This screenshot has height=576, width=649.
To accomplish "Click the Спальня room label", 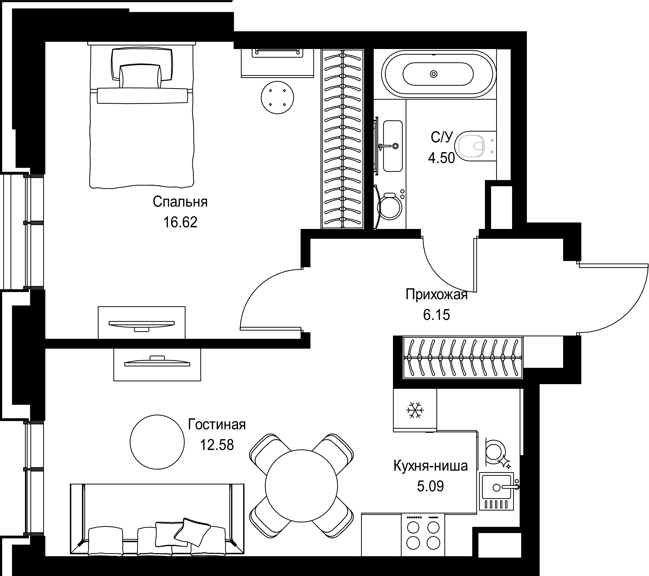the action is click(180, 202).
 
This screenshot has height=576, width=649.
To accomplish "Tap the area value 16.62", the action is click(180, 222).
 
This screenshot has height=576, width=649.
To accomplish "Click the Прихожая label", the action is click(437, 295).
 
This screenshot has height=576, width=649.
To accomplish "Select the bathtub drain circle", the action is click(434, 74).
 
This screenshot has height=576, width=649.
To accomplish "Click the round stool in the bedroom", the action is click(277, 97).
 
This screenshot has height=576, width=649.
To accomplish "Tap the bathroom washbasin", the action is click(393, 146).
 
